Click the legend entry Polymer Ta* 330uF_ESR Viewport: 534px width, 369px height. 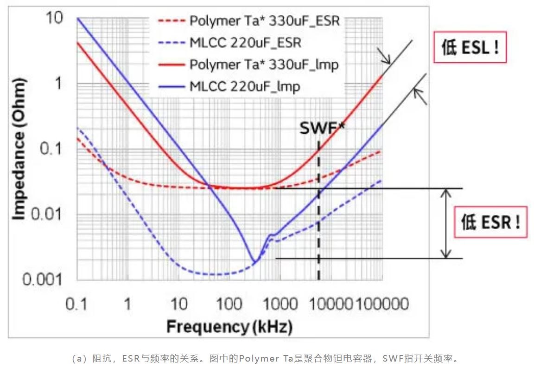[264, 21]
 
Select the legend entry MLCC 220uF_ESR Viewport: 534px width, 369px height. [245, 43]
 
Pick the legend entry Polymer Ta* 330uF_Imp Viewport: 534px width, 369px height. [264, 65]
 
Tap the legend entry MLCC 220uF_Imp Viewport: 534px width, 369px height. [244, 86]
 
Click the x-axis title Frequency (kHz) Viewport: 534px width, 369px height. [229, 327]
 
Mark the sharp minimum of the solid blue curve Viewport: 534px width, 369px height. [253, 261]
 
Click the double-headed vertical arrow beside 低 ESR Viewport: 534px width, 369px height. [445, 223]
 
